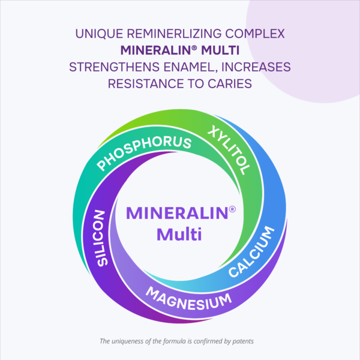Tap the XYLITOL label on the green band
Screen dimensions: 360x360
pyautogui.click(x=229, y=150)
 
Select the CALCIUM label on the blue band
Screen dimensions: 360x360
pyautogui.click(x=251, y=251)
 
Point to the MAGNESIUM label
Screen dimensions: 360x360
pyautogui.click(x=188, y=299)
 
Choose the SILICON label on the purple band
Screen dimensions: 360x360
pyautogui.click(x=101, y=238)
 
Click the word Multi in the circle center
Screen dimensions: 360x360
pyautogui.click(x=179, y=234)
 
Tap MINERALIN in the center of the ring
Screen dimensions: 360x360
pyautogui.click(x=177, y=213)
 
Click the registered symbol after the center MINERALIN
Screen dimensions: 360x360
pyautogui.click(x=232, y=209)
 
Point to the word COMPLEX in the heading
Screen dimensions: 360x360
pyautogui.click(x=255, y=34)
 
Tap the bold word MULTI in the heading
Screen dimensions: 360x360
pyautogui.click(x=220, y=50)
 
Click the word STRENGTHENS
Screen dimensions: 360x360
pyautogui.click(x=115, y=67)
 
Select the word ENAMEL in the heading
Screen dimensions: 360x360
pyautogui.click(x=190, y=67)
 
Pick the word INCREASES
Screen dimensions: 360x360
pyautogui.click(x=256, y=67)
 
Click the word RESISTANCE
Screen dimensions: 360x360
pyautogui.click(x=146, y=83)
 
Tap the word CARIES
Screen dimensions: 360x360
pyautogui.click(x=230, y=83)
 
